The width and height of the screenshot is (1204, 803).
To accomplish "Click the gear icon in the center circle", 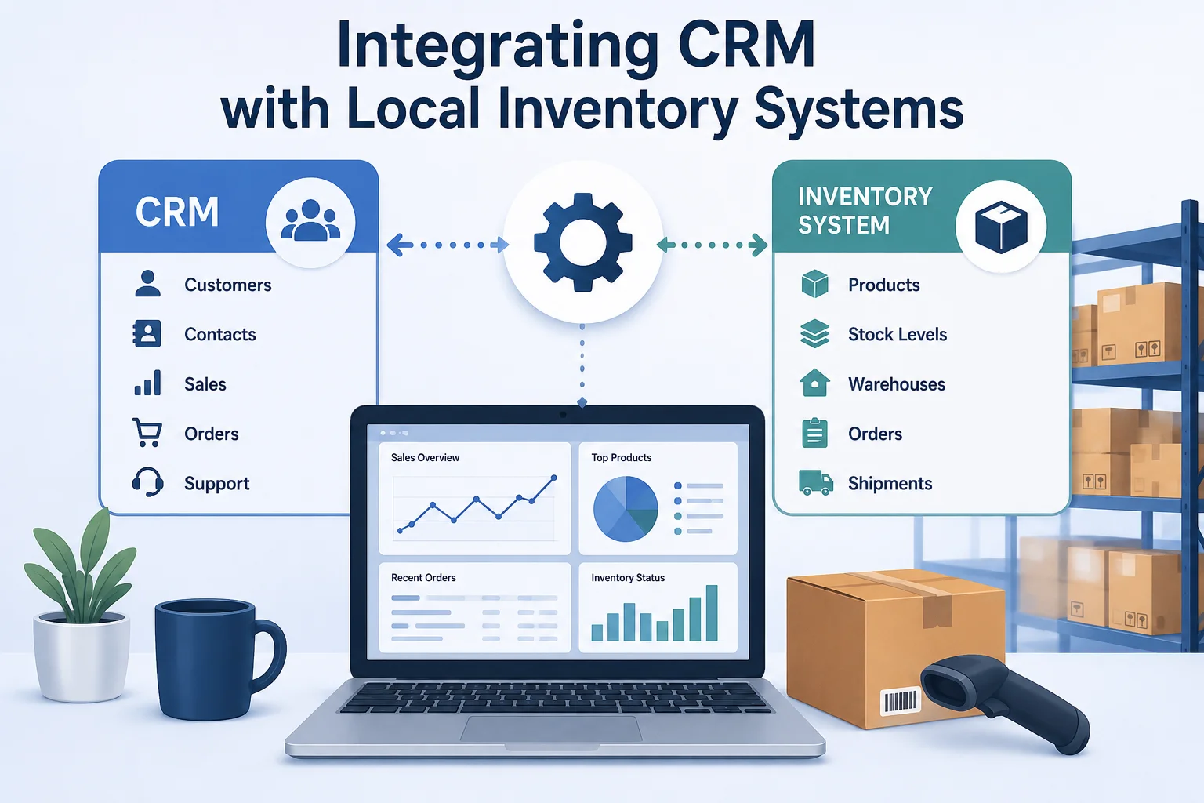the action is tap(582, 242).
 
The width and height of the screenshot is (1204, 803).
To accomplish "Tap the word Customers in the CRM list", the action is tap(228, 285).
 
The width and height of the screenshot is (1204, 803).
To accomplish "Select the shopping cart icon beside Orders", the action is tap(147, 432).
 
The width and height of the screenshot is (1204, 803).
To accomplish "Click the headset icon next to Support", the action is tap(148, 482).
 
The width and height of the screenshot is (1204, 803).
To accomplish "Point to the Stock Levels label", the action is tap(897, 334).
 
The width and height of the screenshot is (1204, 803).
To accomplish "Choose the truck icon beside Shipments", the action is tap(815, 482).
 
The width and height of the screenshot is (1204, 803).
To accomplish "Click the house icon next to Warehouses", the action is tap(815, 383).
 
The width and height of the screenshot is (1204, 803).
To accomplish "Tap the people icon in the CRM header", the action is tap(310, 220).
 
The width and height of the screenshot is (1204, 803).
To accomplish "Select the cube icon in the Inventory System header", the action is tap(1001, 227).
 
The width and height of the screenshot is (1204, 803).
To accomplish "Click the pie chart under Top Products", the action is tap(626, 509).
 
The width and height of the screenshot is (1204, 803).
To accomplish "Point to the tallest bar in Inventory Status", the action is tap(712, 613).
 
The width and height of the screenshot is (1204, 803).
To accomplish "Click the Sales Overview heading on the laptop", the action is tap(425, 458).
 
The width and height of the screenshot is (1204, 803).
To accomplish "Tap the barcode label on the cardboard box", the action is tap(901, 701).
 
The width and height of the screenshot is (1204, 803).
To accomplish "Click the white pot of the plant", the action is tap(82, 657).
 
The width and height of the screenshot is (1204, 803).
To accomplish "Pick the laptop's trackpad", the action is tap(551, 729).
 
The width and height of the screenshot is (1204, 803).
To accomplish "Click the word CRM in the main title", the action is tap(746, 44).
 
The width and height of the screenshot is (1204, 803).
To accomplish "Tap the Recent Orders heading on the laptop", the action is tap(423, 578).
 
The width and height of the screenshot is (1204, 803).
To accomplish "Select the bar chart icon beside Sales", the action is tap(147, 383).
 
